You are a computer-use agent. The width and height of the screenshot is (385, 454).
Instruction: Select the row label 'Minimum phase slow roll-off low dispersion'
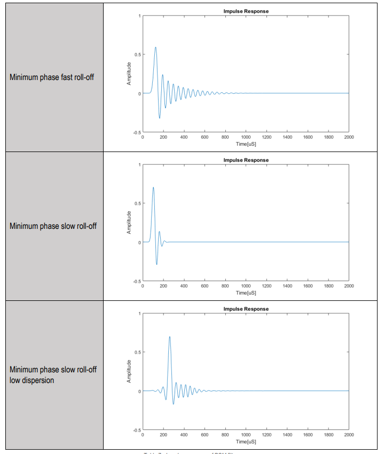pos(53,375)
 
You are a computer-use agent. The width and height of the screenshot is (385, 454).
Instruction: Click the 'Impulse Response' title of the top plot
pos(246,11)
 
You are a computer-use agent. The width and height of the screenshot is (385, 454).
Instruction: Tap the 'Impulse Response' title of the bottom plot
pos(246,309)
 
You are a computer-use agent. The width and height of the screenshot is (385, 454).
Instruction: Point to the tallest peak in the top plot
pos(155,47)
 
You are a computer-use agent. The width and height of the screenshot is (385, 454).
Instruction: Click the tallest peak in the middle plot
pos(153,187)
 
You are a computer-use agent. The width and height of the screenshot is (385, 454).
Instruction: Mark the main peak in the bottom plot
pos(170,337)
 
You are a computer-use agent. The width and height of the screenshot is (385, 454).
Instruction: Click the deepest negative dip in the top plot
pos(159,118)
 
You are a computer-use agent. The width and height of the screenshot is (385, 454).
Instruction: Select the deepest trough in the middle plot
pos(156,264)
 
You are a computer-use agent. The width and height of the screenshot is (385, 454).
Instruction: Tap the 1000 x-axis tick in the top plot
pos(246,137)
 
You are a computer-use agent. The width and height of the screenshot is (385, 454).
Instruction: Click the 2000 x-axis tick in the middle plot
pos(349,286)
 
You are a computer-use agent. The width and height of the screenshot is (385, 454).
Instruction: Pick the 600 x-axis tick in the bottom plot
pos(205,435)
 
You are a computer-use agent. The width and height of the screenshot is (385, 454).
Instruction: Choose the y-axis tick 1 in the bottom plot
pos(139,314)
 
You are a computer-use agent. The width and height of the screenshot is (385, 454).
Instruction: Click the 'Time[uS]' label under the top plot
pos(246,144)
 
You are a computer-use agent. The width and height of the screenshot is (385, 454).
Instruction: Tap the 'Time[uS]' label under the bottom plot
pos(246,441)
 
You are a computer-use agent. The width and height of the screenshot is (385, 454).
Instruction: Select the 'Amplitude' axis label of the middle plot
pos(129,222)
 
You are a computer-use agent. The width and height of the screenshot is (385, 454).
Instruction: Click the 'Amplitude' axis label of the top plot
pos(129,74)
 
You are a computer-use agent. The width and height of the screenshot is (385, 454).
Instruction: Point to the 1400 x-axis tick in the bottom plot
pos(287,435)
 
